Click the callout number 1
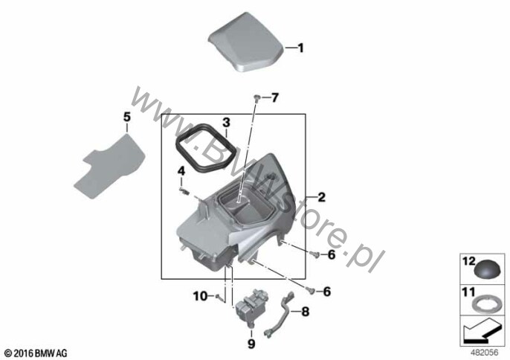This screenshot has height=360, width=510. pos(301,48)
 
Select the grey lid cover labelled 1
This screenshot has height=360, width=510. pos(246,42)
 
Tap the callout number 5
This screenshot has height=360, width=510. pos(127,118)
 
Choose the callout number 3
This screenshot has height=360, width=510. pos(226,123)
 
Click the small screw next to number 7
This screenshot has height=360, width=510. pos(257,97)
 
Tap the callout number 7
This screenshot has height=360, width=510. pos(275,97)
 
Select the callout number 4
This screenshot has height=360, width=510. pos(181,170)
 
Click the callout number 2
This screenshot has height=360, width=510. pos(321,197)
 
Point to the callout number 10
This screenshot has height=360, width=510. pos(201,296)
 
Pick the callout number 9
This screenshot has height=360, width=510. pos(251,344)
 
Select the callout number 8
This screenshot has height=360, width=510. pos(305,312)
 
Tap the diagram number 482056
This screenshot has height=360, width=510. pos(485,353)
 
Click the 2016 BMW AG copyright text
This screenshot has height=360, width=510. pos(36,353)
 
